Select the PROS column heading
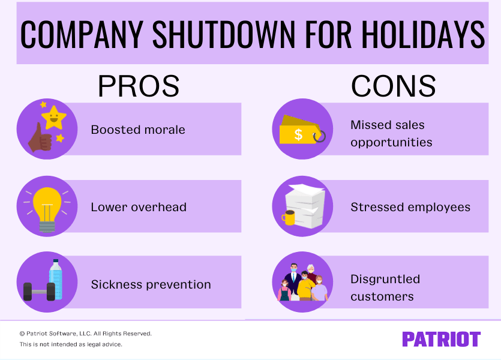click(x=138, y=86)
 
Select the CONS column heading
click(x=393, y=86)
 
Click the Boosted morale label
click(x=138, y=130)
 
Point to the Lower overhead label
click(x=139, y=207)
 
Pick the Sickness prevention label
click(x=151, y=284)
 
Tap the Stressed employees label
click(x=410, y=207)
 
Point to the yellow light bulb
click(x=47, y=202)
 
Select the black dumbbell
click(x=39, y=292)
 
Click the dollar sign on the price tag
click(x=298, y=134)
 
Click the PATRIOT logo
click(x=441, y=339)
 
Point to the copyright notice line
click(x=85, y=333)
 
